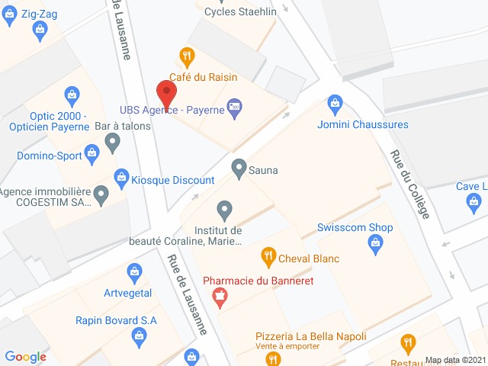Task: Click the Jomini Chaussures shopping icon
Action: tap(335, 104)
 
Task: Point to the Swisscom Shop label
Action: tap(355, 227)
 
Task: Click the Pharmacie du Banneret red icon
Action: tap(220, 297)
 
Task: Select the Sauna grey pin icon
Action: tap(239, 166)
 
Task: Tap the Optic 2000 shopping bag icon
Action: tap(72, 95)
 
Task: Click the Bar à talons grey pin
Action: tap(113, 141)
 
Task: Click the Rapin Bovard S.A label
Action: tap(116, 320)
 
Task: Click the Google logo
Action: tap(25, 356)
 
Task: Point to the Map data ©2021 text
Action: tap(454, 360)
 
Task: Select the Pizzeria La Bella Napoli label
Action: tap(310, 336)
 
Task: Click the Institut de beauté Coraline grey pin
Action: tap(224, 208)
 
